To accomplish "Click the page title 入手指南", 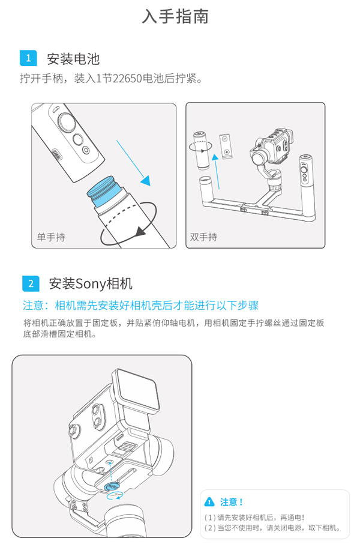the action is coord(175,17).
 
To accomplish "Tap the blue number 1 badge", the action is coord(28,58).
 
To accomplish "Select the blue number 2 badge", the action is coord(31,283).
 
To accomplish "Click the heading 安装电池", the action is coord(73,59).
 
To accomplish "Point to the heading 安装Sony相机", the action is coord(91,283).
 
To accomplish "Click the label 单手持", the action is coord(51,237).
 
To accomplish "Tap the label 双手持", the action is coord(204,237).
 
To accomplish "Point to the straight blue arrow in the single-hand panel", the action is coord(133,163).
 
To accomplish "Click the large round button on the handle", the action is coord(66,122).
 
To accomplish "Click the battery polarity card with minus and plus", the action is coord(225,147).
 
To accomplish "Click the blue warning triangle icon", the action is coord(209,501).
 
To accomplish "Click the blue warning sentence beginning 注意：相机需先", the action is coord(140,306).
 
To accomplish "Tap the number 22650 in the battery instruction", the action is coord(127,78).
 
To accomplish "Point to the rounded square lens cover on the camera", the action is coord(136,391).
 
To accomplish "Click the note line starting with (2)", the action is coord(272,528).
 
